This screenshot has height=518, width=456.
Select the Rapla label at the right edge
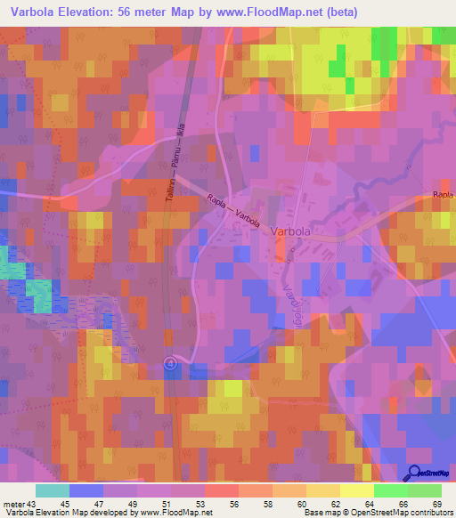tap(443, 193)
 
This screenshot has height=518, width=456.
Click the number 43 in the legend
tap(31, 504)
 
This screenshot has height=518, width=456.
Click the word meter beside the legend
tap(13, 504)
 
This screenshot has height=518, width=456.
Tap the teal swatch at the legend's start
tap(53, 490)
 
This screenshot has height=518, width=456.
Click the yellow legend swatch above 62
tap(322, 490)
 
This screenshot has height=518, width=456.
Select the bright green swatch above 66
tap(390, 490)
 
